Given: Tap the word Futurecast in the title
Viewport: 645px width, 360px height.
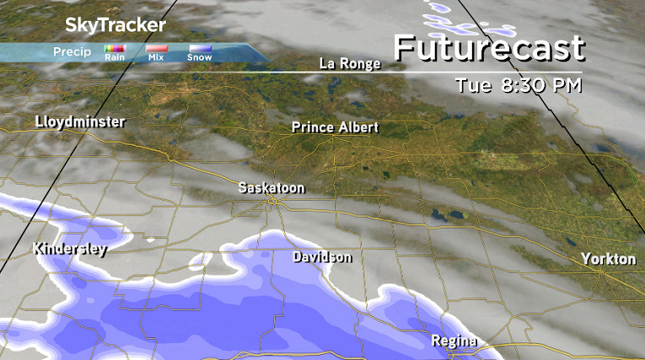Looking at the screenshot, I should pos(489,48).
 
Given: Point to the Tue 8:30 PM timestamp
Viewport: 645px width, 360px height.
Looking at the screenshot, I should pos(519,85).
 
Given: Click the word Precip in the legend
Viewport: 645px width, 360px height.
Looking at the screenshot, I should pos(72,51).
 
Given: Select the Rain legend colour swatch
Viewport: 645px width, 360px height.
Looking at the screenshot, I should pos(115,50).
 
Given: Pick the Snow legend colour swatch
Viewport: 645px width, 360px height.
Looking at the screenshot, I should pos(200,50).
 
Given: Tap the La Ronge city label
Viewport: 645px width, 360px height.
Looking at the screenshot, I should pos(350,64).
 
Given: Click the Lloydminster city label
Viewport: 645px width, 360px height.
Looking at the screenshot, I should pos(80,122).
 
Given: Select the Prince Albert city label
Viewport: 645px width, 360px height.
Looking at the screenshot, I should pos(335,127).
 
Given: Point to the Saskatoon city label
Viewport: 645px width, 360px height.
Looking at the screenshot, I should pos(271,188).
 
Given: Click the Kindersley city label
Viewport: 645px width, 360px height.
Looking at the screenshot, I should pos(69,249).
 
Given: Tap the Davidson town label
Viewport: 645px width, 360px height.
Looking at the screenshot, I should pos(322,257).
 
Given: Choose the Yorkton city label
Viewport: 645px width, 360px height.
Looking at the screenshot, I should pos(609,260).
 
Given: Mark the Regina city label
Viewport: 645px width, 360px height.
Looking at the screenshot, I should pos(454,341).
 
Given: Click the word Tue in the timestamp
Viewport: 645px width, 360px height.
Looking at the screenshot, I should pos(471,85).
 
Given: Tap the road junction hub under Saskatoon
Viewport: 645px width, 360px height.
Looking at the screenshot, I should pos(271,202).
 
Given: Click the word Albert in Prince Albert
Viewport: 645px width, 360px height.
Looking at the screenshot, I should pos(357,127).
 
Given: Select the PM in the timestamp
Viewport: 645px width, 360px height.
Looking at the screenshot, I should pos(567,85).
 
